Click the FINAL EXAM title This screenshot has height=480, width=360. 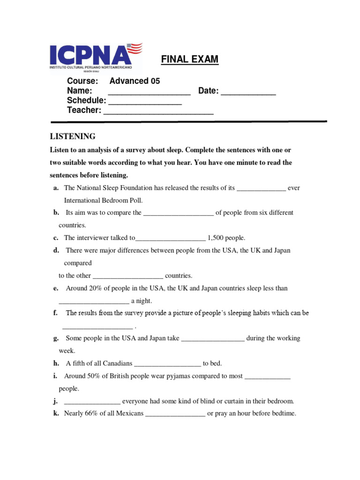tap(190, 60)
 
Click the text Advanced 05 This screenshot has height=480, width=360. tap(135, 81)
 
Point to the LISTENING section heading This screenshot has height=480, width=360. tap(73, 136)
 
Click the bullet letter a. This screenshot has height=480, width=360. tap(56, 188)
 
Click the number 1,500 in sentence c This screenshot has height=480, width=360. tap(217, 238)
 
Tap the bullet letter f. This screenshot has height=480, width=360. tap(55, 313)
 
